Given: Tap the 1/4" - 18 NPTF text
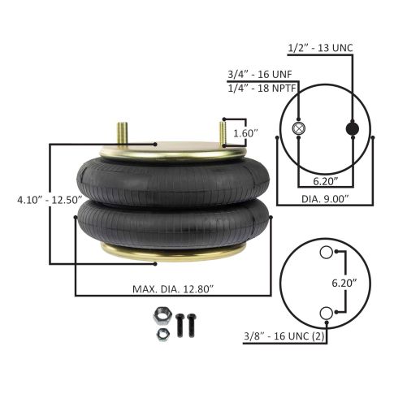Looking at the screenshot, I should (x=259, y=87).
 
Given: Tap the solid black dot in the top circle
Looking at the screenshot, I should (x=352, y=128).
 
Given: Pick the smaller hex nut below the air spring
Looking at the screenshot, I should (x=161, y=334).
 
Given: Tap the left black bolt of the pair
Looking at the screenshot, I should (x=181, y=325).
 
